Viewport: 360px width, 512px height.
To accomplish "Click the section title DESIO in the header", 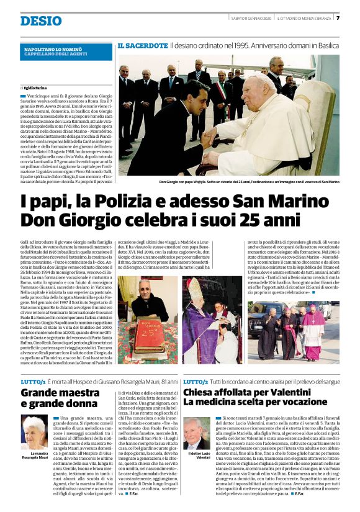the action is (41, 20).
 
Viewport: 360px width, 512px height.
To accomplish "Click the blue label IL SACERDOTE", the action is (142, 46).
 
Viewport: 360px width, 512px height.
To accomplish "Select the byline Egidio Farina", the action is (37, 88).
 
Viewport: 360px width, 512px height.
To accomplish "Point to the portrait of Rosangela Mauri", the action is (35, 432).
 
